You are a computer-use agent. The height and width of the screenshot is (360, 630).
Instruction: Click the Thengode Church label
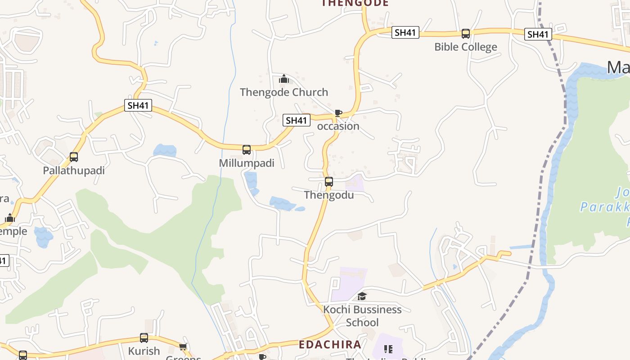tap(284, 92)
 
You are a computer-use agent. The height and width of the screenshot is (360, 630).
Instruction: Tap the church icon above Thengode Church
tap(283, 79)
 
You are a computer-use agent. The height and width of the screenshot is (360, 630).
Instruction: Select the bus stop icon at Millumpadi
tap(247, 150)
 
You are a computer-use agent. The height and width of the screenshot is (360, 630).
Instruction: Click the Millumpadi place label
tap(247, 163)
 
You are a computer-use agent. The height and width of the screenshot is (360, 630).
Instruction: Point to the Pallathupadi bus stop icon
tap(74, 157)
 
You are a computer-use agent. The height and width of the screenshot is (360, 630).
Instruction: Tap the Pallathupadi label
tap(74, 171)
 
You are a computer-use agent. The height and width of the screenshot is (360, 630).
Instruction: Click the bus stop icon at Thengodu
tap(329, 182)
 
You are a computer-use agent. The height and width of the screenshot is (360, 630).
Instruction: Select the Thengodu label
tap(329, 195)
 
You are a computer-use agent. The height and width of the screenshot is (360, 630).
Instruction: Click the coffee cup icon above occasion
tap(338, 113)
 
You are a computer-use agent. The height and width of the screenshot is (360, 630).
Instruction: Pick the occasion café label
tap(338, 126)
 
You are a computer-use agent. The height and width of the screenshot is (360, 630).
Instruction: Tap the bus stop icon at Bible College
tap(466, 34)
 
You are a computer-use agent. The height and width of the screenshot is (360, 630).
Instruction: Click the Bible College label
tap(466, 47)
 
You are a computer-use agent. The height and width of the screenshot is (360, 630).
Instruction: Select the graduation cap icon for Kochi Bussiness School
tap(362, 296)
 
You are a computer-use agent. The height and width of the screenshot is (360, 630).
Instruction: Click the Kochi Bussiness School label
tap(362, 316)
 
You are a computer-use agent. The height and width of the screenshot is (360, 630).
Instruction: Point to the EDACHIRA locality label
tap(330, 345)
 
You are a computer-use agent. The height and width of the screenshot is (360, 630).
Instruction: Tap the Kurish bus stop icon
tap(144, 337)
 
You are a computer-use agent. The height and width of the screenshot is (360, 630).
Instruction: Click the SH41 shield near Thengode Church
tap(297, 120)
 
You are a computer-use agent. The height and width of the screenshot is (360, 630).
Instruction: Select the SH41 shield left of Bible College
tap(405, 32)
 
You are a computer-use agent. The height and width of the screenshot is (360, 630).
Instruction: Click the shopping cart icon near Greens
tap(183, 346)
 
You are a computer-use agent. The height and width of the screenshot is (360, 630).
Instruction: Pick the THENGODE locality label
tap(355, 3)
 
